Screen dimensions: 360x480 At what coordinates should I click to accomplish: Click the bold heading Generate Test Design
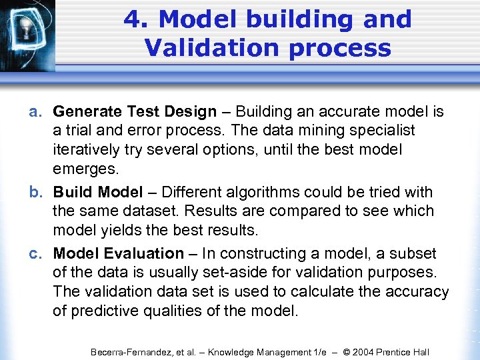click(x=135, y=112)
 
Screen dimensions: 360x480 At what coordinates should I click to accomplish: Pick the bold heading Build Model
click(x=98, y=193)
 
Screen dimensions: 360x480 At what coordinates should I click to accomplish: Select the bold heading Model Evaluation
click(x=118, y=254)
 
